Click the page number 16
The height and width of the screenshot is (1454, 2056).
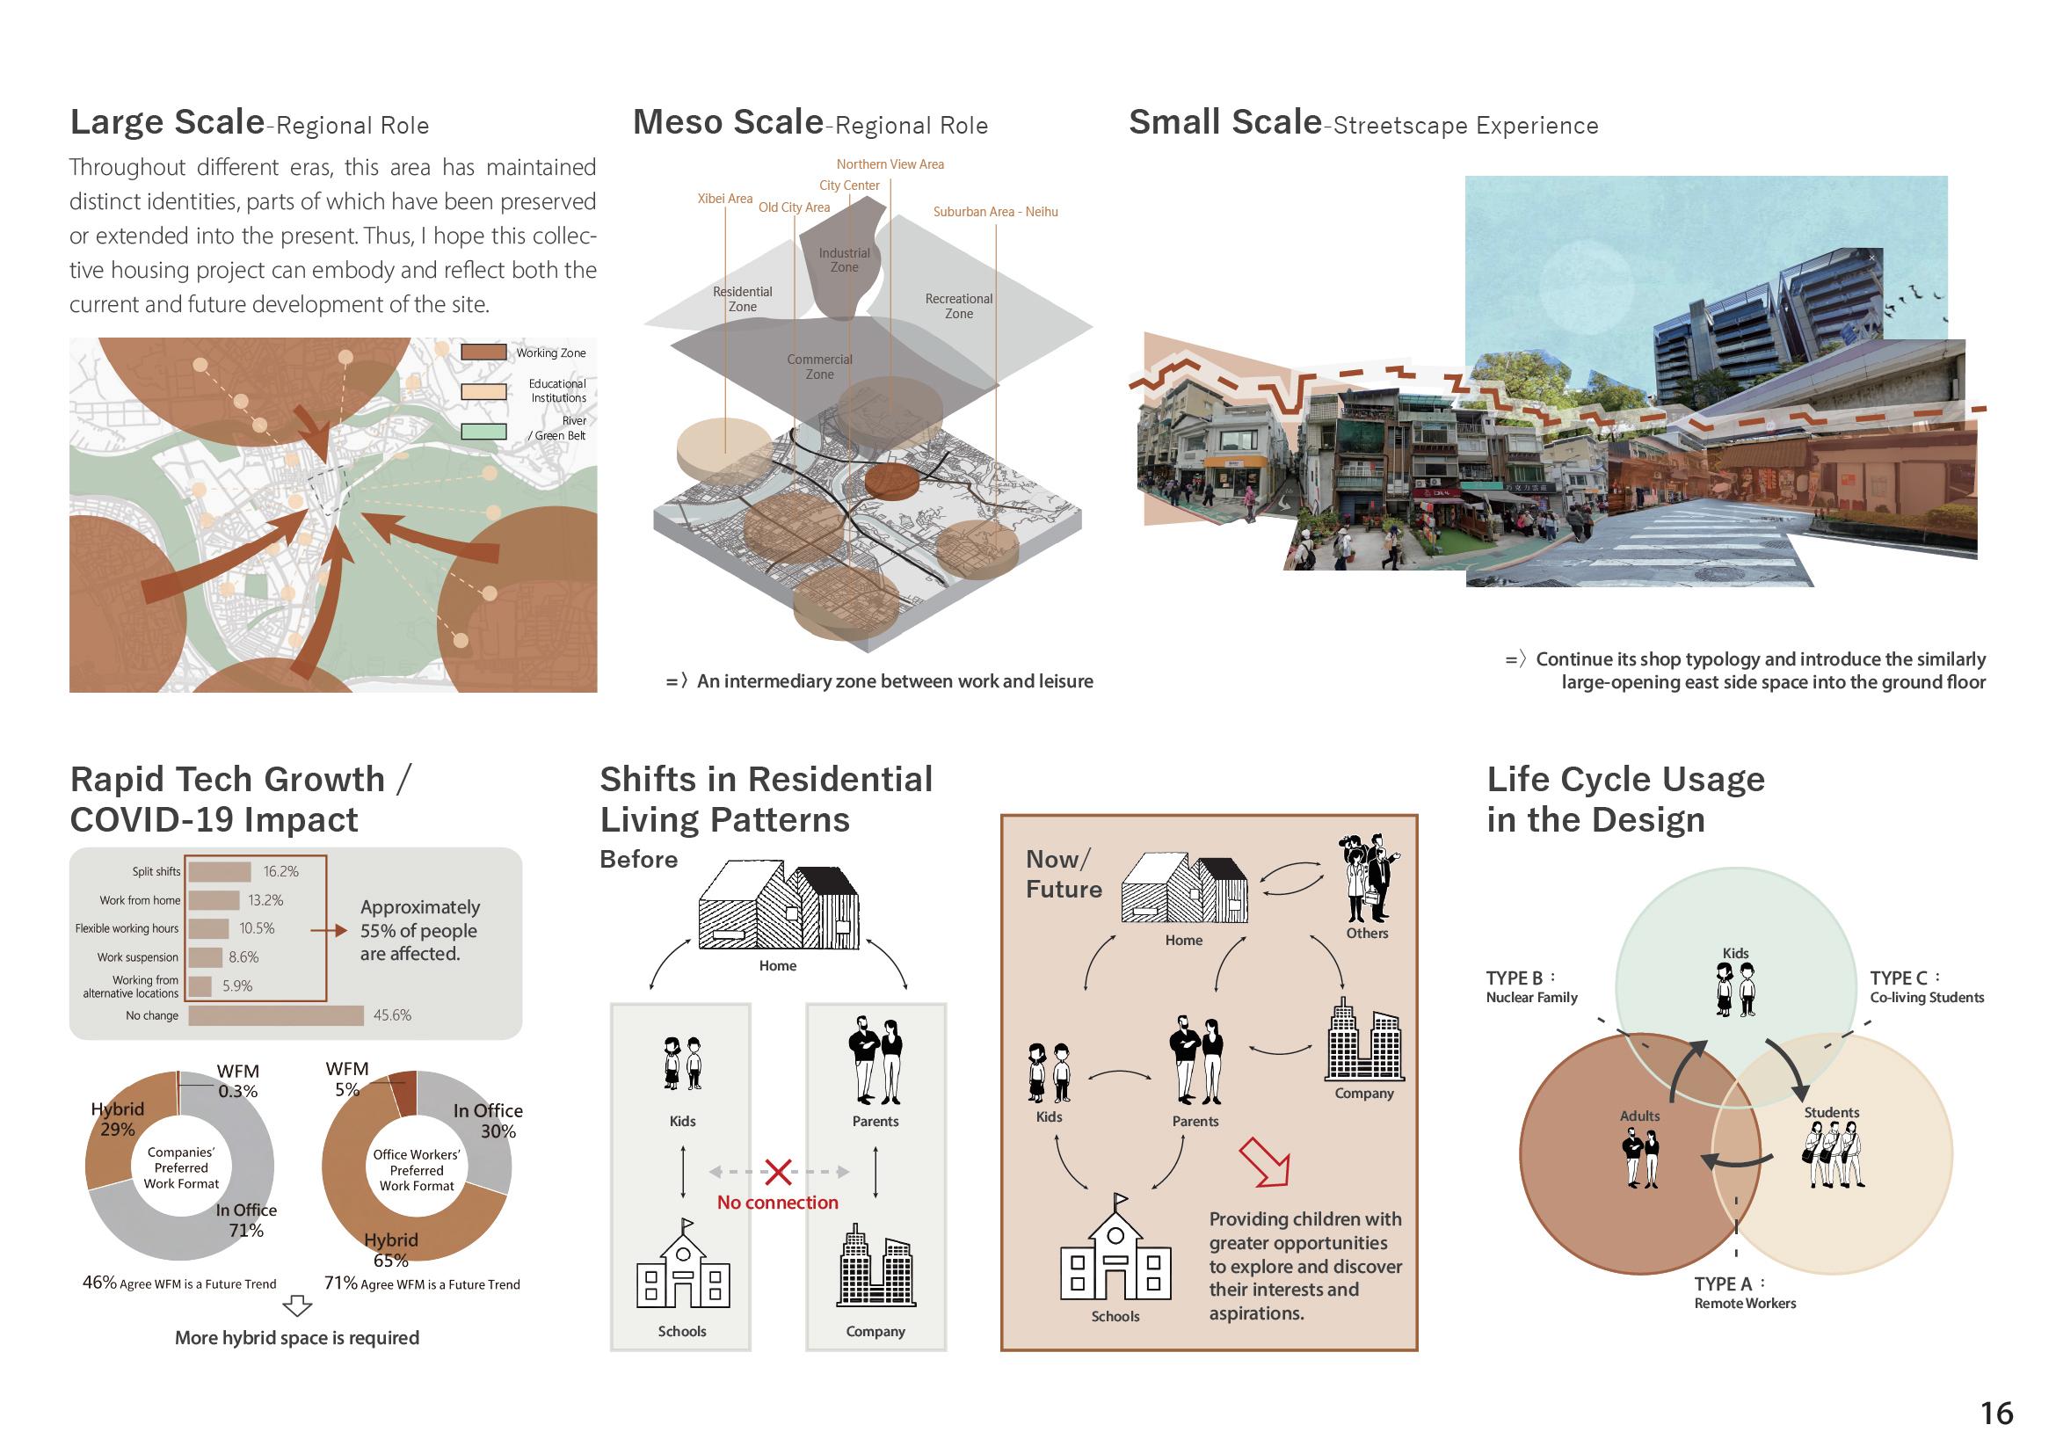1996,1413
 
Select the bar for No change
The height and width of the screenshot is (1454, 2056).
276,1015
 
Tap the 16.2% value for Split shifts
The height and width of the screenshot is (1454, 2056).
280,871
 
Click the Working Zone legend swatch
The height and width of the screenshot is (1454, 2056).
483,352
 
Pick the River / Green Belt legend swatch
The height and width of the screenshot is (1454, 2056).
483,431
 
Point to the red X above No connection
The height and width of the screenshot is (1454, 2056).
778,1171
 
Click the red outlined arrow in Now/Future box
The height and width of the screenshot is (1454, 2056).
1265,1161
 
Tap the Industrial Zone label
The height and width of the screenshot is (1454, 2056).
844,259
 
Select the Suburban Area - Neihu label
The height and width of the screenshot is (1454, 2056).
995,212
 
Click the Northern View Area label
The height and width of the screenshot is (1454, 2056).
890,164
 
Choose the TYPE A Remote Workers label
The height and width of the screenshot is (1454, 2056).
1744,1293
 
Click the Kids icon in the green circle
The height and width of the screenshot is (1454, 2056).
1735,989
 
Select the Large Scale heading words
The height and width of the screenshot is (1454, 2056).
168,122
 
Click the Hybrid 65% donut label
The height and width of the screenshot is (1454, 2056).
390,1249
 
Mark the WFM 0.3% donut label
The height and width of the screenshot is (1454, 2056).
237,1080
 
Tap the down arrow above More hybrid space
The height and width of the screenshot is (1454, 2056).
296,1306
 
